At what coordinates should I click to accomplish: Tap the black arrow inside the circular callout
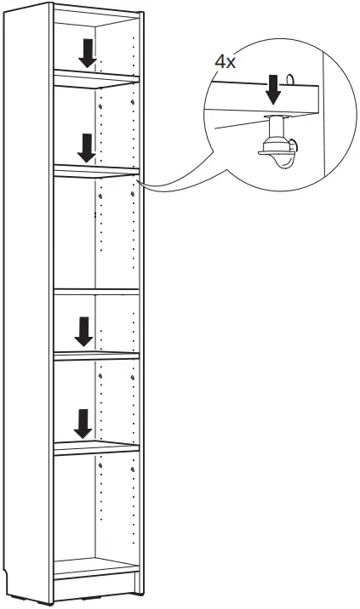pyautogui.click(x=272, y=89)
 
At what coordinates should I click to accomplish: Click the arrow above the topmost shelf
pyautogui.click(x=87, y=53)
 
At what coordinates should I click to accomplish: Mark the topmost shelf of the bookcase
pyautogui.click(x=95, y=78)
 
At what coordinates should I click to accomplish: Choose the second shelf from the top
pyautogui.click(x=95, y=172)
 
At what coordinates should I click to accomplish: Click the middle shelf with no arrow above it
pyautogui.click(x=95, y=292)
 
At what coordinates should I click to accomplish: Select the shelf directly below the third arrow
pyautogui.click(x=95, y=354)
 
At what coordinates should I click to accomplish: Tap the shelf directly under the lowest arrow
pyautogui.click(x=95, y=447)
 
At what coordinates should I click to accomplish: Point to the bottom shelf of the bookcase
pyautogui.click(x=95, y=567)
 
